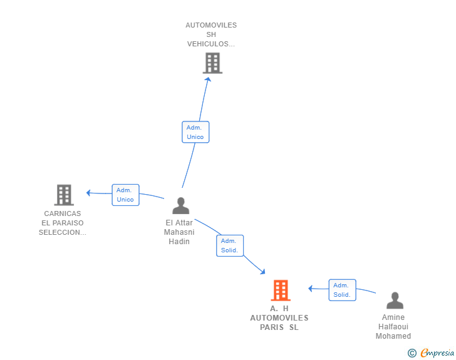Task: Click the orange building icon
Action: [x=281, y=290]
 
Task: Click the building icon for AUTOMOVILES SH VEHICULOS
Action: [x=212, y=63]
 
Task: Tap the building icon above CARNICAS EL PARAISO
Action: [x=64, y=195]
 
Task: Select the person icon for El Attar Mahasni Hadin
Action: [x=181, y=205]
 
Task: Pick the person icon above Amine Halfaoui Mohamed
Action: [x=395, y=301]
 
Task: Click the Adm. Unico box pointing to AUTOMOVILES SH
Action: [x=195, y=132]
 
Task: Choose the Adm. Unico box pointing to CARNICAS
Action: [x=126, y=195]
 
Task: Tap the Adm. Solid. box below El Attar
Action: [x=230, y=245]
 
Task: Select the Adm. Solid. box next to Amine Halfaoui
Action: [x=342, y=290]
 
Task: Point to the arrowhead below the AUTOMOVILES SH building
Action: [x=208, y=80]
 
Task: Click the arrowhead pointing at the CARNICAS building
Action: [x=89, y=192]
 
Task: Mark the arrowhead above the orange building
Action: [x=262, y=272]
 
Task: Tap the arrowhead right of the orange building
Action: [x=311, y=289]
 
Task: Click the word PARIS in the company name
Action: [x=272, y=327]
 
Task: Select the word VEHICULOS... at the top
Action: [x=211, y=44]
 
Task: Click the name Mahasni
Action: [x=179, y=232]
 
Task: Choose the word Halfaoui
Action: [x=393, y=327]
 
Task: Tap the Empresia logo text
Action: [x=437, y=353]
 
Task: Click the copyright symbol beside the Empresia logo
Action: [x=412, y=353]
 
